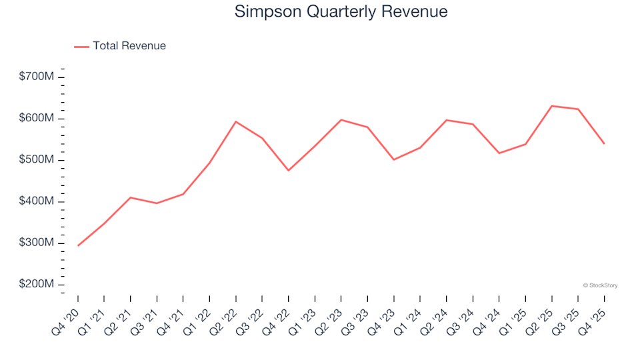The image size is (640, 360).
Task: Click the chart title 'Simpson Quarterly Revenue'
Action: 341,12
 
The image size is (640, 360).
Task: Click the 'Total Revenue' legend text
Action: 129,46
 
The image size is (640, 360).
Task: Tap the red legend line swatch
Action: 81,46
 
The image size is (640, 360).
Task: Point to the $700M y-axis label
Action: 37,77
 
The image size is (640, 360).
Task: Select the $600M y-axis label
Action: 37,119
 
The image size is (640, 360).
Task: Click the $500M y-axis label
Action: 37,160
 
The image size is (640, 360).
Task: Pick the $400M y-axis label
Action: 37,201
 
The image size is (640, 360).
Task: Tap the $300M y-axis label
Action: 37,243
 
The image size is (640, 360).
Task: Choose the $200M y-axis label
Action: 37,285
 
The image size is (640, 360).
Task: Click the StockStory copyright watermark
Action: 600,285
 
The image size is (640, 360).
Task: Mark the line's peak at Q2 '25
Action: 552,106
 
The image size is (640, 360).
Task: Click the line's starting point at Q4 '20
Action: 78,245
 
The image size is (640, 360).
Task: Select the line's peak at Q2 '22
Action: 236,121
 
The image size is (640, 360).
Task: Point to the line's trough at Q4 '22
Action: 289,171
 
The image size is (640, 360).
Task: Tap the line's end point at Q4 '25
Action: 604,143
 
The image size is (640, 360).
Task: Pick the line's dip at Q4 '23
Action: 394,159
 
